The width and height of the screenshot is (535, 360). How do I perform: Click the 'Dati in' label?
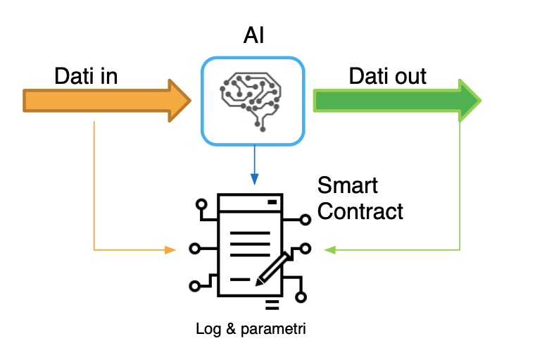86,76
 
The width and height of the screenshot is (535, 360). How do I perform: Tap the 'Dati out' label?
387,76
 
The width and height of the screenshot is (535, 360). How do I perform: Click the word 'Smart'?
347,185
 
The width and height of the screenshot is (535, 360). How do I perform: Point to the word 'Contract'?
360,210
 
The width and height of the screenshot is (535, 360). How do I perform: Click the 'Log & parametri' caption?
252,328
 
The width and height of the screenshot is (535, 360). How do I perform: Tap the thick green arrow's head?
469,100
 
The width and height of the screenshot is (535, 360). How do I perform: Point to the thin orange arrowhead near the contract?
170,249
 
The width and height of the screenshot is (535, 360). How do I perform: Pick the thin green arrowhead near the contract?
329,249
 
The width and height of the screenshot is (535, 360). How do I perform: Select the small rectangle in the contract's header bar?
272,202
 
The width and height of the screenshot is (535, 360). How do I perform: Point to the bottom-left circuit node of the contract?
196,286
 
